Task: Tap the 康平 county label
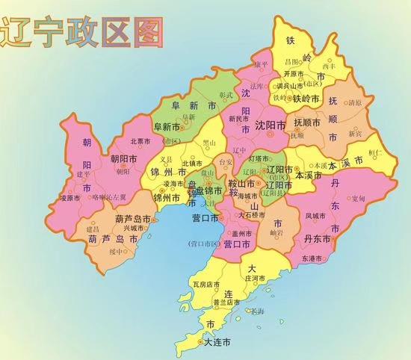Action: coord(259,64)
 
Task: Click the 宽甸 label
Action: coord(358,198)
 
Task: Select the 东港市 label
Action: coord(312,258)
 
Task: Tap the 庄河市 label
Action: coord(257,279)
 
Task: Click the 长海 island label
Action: coord(257,311)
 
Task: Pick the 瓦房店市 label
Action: coord(206,285)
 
